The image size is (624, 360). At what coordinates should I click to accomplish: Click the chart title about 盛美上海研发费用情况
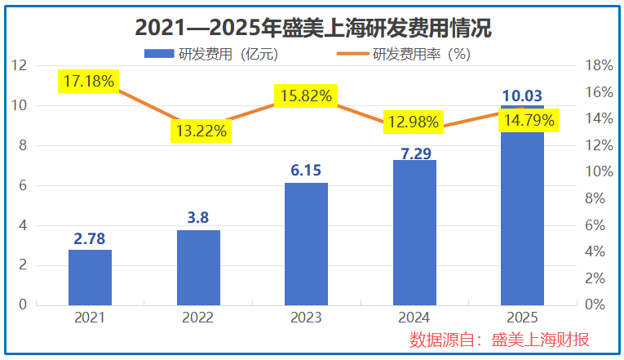pyautogui.click(x=312, y=28)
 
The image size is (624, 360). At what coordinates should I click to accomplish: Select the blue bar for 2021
pyautogui.click(x=90, y=278)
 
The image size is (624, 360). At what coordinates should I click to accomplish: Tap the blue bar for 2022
pyautogui.click(x=198, y=268)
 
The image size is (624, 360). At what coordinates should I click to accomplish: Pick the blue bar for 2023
pyautogui.click(x=307, y=244)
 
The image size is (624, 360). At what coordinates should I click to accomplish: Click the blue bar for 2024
pyautogui.click(x=414, y=233)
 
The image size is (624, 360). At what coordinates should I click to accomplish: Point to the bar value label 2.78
pyautogui.click(x=90, y=239)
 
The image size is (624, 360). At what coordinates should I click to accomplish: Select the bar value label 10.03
pyautogui.click(x=522, y=95)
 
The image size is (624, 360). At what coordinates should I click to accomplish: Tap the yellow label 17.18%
pyautogui.click(x=90, y=80)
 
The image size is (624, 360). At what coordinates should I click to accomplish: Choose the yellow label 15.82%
pyautogui.click(x=307, y=96)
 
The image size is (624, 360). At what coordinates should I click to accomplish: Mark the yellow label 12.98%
pyautogui.click(x=414, y=123)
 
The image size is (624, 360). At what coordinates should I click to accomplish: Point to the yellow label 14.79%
pyautogui.click(x=529, y=121)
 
